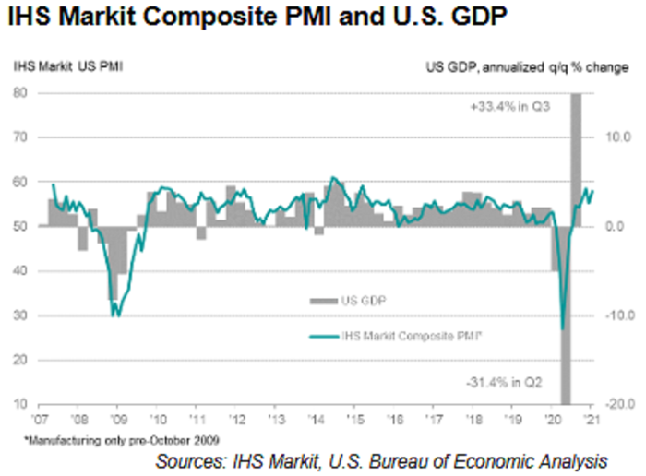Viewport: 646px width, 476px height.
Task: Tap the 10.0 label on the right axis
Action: pos(616,137)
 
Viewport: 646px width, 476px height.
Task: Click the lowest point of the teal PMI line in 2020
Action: pos(563,327)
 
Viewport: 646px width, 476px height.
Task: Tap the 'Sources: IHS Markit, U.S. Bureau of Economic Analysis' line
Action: pos(381,459)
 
